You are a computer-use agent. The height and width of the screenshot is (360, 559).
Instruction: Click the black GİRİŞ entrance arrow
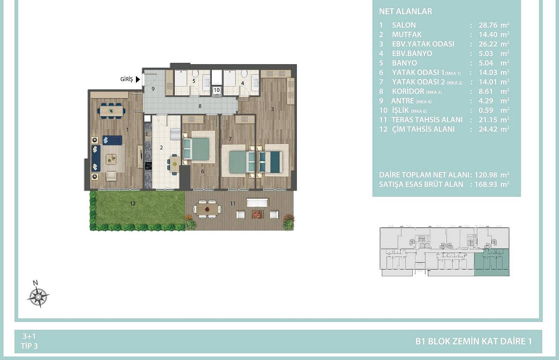pyautogui.click(x=138, y=79)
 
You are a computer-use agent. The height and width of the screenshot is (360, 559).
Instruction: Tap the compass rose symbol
pyautogui.click(x=38, y=296)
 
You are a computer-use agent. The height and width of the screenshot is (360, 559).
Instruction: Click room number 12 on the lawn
pyautogui.click(x=132, y=204)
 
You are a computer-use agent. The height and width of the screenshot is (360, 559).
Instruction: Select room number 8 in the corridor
pyautogui.click(x=200, y=106)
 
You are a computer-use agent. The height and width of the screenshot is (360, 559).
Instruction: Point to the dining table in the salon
pyautogui.click(x=111, y=110)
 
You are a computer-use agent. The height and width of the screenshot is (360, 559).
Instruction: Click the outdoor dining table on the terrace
pyautogui.click(x=207, y=209)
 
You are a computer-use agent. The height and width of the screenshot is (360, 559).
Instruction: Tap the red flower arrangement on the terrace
pyautogui.click(x=257, y=214)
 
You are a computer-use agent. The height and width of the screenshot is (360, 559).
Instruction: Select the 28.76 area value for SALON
pyautogui.click(x=488, y=25)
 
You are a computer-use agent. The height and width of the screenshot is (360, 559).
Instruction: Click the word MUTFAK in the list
pyautogui.click(x=407, y=35)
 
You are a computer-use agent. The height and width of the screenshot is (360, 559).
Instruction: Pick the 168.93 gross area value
pyautogui.click(x=486, y=184)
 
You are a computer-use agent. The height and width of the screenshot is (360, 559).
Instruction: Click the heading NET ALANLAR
pyautogui.click(x=406, y=12)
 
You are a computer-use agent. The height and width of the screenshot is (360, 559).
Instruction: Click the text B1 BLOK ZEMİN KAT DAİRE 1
pyautogui.click(x=474, y=341)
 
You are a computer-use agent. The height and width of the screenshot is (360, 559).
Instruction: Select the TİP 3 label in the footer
pyautogui.click(x=29, y=346)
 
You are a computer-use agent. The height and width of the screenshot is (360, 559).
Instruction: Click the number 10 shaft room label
pyautogui.click(x=217, y=90)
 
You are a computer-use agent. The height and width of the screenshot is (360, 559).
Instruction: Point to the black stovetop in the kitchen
pyautogui.click(x=148, y=165)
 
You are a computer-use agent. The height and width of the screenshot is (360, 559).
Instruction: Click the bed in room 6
pyautogui.click(x=197, y=149)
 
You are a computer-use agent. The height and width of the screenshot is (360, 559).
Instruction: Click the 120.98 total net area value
pyautogui.click(x=486, y=175)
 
